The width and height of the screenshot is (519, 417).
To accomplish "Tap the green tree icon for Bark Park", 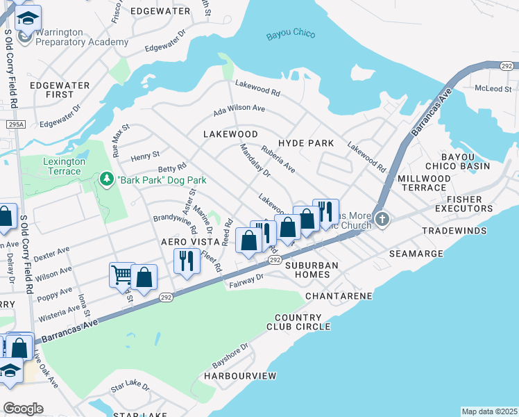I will pyautogui.click(x=106, y=181).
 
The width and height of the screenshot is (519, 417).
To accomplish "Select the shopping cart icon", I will pyautogui.click(x=121, y=275).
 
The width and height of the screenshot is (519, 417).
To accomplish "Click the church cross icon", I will pyautogui.click(x=382, y=220).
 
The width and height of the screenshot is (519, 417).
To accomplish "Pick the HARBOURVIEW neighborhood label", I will pyautogui.click(x=239, y=376).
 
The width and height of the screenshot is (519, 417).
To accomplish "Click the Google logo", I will pyautogui.click(x=22, y=409).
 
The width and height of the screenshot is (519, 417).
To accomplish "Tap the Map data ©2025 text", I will pyautogui.click(x=488, y=411).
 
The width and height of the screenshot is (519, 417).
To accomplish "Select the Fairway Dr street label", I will pyautogui.click(x=247, y=279).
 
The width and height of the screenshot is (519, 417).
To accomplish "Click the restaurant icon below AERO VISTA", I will pyautogui.click(x=185, y=260).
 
